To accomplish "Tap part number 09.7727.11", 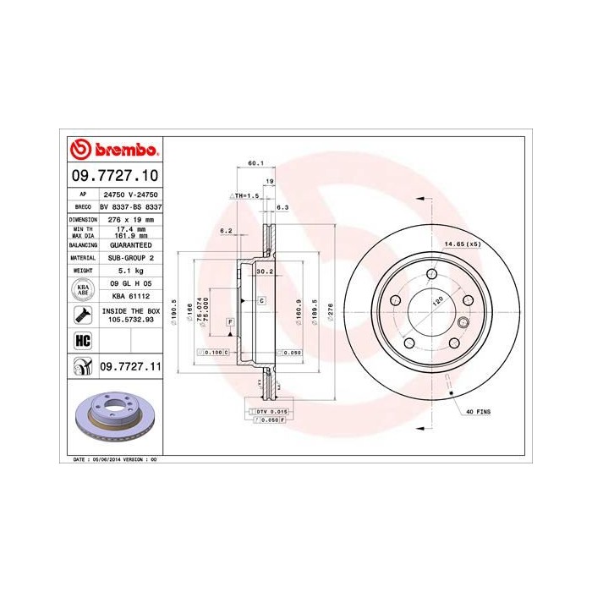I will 130,366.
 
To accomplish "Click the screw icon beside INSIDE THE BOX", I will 83,316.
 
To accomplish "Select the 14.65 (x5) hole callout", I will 463,244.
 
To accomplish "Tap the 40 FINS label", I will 477,410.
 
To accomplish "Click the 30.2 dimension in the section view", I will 263,271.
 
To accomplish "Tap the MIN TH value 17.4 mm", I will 130,228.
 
